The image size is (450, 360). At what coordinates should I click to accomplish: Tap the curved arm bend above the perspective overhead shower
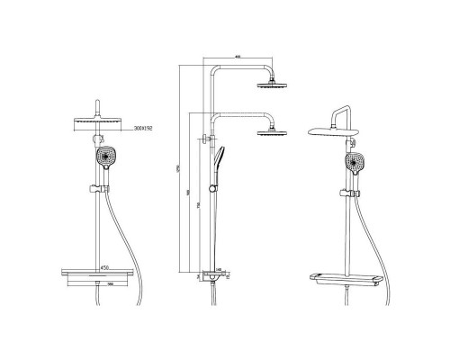[x=338, y=113]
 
